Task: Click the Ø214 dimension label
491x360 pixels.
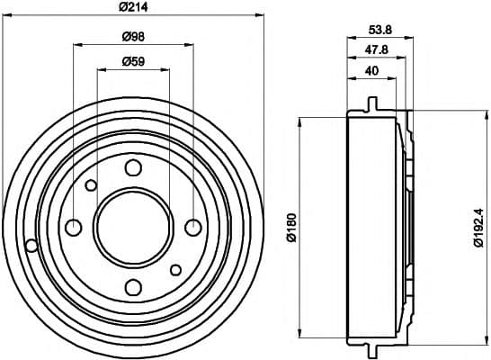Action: pos(133,6)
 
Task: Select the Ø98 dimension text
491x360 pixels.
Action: pos(133,37)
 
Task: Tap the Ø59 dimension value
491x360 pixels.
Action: pos(133,61)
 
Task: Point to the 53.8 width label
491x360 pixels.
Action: pos(380,30)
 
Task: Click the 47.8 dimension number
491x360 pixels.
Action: pos(377,49)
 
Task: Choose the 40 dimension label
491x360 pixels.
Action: pos(371,71)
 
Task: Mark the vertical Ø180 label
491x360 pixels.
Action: pos(292,228)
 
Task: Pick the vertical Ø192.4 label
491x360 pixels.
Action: pos(479,228)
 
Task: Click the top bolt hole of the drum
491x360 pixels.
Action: pos(133,167)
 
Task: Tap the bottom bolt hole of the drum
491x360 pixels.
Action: pos(133,287)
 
